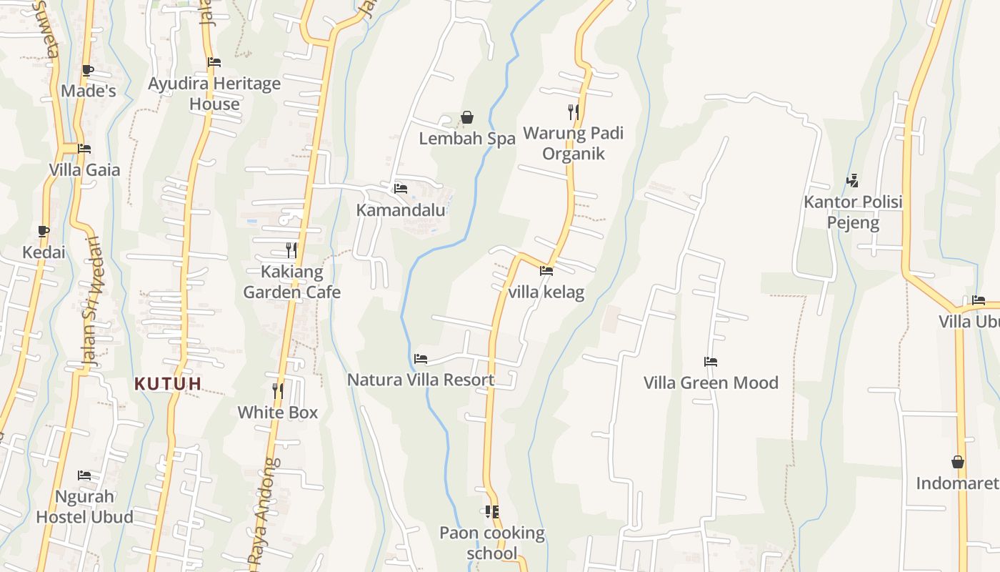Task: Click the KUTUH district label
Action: click(168, 384)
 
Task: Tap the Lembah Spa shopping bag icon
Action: click(467, 117)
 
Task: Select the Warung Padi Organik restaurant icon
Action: click(573, 112)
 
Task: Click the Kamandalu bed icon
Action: click(401, 189)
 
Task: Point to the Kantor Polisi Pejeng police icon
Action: click(852, 181)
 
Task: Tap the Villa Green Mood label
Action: click(711, 383)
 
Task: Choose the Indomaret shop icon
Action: click(958, 463)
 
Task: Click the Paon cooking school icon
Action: click(491, 512)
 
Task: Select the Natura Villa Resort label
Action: click(421, 380)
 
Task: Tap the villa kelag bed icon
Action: click(546, 271)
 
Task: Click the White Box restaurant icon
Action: click(278, 391)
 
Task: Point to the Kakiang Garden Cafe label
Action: click(292, 282)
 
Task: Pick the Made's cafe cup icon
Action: click(87, 70)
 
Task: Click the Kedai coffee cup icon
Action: click(44, 231)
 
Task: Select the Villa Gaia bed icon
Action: click(84, 149)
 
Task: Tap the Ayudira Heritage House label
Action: click(214, 94)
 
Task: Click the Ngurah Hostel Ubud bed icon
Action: click(84, 475)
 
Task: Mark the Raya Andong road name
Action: click(262, 515)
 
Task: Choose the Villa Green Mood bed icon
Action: click(710, 362)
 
